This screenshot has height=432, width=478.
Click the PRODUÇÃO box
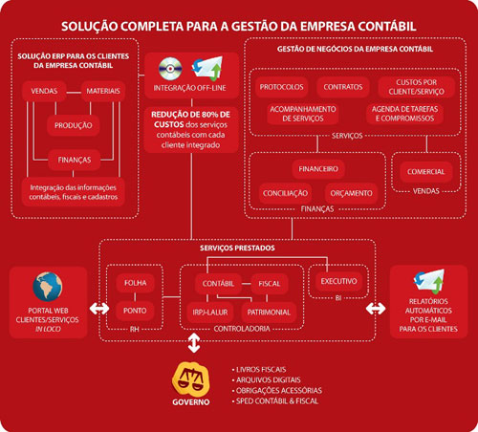pyautogui.click(x=74, y=125)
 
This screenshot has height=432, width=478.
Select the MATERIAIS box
pyautogui.click(x=103, y=91)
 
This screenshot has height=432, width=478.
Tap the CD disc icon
pyautogui.click(x=170, y=69)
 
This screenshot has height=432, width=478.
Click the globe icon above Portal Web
pyautogui.click(x=48, y=287)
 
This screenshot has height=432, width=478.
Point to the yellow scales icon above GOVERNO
pyautogui.click(x=191, y=378)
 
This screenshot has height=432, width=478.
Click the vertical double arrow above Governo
pyautogui.click(x=194, y=343)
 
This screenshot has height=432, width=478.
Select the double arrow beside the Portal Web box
pyautogui.click(x=99, y=309)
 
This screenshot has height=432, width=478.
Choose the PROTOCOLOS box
pyautogui.click(x=281, y=87)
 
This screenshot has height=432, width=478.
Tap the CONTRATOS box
pyautogui.click(x=343, y=87)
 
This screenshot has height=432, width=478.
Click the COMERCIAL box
pyautogui.click(x=425, y=172)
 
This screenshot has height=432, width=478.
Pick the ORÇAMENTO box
pyautogui.click(x=351, y=193)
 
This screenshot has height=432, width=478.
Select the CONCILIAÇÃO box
pyautogui.click(x=285, y=193)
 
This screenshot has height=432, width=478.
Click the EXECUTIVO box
pyautogui.click(x=338, y=281)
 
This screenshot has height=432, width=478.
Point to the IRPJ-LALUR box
pyautogui.click(x=210, y=313)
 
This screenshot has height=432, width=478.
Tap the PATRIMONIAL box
pyautogui.click(x=269, y=313)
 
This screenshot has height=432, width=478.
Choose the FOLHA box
pyautogui.click(x=136, y=283)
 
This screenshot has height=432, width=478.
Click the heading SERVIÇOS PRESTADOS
pyautogui.click(x=237, y=248)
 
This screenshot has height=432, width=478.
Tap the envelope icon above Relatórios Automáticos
pyautogui.click(x=429, y=281)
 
